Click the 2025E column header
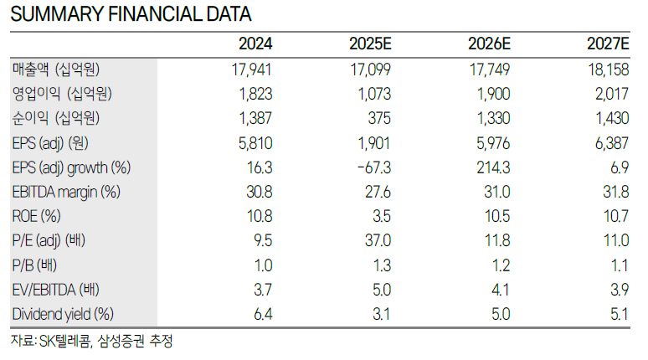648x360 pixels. [x=370, y=44]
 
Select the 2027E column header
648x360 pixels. [x=608, y=44]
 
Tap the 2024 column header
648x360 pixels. [x=255, y=44]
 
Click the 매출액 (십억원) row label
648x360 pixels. [x=56, y=69]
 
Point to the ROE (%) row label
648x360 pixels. [x=36, y=216]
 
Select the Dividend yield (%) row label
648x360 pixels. [x=63, y=314]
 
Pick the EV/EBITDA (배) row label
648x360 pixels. [x=56, y=290]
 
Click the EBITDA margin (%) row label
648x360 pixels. [x=66, y=193]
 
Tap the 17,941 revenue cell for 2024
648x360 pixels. [x=252, y=69]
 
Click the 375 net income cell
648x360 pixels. [x=379, y=119]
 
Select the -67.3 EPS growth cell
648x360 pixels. [x=374, y=167]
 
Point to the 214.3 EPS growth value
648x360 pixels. [x=493, y=167]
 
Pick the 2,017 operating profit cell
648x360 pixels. [x=612, y=95]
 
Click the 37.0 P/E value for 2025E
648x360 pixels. [x=378, y=240]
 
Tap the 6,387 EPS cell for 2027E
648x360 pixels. [x=612, y=143]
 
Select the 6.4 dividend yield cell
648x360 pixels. [x=263, y=315]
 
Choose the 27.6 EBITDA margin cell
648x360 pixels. [x=378, y=193]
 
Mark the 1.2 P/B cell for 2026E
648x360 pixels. [x=501, y=265]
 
